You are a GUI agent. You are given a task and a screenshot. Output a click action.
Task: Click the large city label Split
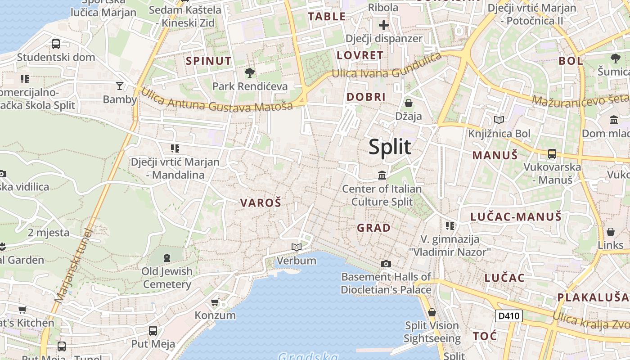click(390, 147)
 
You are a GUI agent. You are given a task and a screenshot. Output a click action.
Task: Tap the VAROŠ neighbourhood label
click(261, 203)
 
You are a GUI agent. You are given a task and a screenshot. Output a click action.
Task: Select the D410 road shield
click(509, 316)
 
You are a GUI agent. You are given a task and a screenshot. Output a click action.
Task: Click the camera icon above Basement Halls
click(386, 264)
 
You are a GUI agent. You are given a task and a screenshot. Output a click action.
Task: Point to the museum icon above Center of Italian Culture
click(382, 175)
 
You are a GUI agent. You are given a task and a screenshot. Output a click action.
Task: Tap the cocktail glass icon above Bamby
click(120, 85)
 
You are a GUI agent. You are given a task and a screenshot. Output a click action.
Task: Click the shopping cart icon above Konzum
click(215, 301)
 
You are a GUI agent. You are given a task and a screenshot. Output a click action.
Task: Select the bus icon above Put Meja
click(153, 331)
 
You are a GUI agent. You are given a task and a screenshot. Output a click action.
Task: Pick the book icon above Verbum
click(296, 247)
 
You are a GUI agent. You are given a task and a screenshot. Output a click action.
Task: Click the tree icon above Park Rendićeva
click(250, 72)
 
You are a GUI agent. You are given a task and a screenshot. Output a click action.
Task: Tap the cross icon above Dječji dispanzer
click(384, 25)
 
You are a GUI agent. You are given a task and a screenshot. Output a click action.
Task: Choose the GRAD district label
click(373, 228)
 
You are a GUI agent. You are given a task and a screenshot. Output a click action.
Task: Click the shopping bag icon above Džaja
click(409, 103)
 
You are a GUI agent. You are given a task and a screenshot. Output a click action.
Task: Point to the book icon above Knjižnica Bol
click(499, 120)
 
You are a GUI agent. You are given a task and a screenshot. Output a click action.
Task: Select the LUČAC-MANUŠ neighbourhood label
click(516, 217)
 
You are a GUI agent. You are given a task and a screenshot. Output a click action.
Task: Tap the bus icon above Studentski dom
click(56, 44)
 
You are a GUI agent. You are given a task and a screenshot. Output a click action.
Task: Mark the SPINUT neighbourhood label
click(209, 61)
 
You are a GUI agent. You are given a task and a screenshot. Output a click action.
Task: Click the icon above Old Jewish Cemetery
click(167, 258)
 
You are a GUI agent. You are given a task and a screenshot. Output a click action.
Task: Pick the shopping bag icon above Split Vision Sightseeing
click(432, 312)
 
